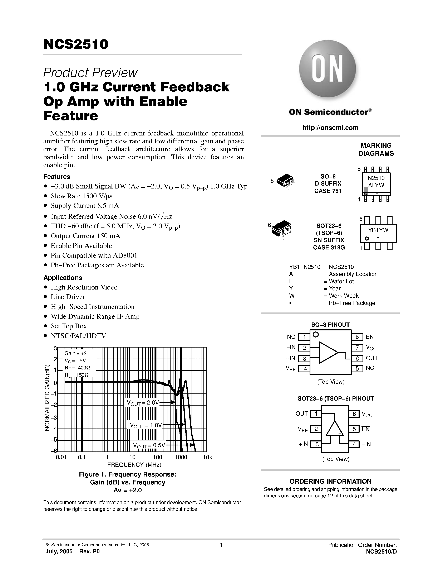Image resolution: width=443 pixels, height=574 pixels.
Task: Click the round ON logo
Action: pyautogui.click(x=327, y=69)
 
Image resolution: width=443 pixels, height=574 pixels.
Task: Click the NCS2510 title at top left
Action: pyautogui.click(x=76, y=44)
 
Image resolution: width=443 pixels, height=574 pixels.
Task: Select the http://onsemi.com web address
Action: pyautogui.click(x=330, y=128)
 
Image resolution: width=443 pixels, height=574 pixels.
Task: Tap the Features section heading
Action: pyautogui.click(x=57, y=177)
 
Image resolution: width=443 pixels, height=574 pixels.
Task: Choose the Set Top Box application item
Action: pyautogui.click(x=69, y=326)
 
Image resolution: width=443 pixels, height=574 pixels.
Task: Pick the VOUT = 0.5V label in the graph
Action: pyautogui.click(x=149, y=445)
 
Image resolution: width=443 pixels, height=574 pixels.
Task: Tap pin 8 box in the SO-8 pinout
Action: pyautogui.click(x=357, y=337)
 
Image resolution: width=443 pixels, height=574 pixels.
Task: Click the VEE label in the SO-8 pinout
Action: pyautogui.click(x=291, y=368)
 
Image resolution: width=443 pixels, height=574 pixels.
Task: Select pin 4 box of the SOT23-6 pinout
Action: pyautogui.click(x=354, y=444)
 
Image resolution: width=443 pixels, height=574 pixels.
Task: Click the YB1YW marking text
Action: pyautogui.click(x=378, y=230)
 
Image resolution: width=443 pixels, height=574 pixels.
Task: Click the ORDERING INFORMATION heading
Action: pyautogui.click(x=330, y=482)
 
